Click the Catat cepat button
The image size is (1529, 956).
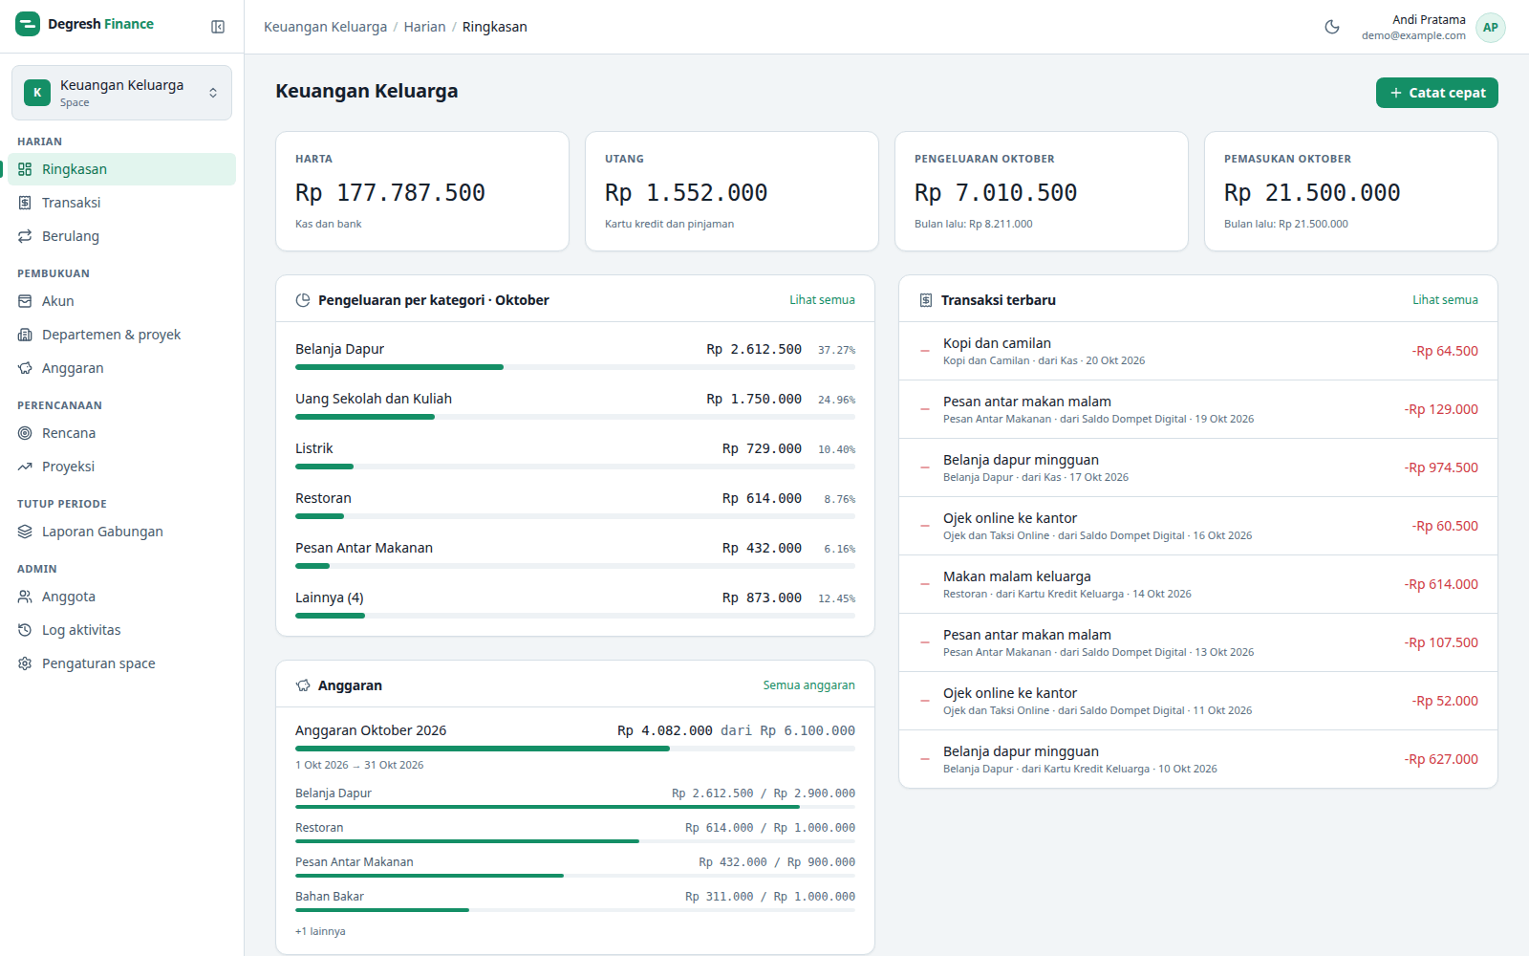(x=1437, y=93)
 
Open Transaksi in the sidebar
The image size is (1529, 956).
(x=71, y=202)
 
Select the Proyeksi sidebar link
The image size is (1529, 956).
(x=68, y=467)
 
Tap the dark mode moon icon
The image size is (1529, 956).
(x=1332, y=27)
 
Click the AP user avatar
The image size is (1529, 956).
(x=1490, y=28)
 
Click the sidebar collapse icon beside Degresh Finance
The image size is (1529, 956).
(x=218, y=27)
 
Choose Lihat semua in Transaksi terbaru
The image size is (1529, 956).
(x=1445, y=300)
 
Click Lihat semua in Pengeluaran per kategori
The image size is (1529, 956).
(x=822, y=300)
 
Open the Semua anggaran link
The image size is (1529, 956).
(x=808, y=684)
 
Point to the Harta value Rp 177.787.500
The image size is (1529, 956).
(x=390, y=192)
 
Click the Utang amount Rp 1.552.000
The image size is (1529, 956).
(x=686, y=192)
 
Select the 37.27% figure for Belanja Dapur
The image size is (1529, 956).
(x=836, y=350)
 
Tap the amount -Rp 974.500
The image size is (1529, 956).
(x=1441, y=467)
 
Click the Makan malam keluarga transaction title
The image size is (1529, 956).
(x=1017, y=576)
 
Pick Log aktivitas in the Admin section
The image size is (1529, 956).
(x=81, y=630)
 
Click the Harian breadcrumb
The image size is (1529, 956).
(x=424, y=27)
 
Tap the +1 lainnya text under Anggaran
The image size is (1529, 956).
(x=320, y=931)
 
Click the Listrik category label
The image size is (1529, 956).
(x=314, y=448)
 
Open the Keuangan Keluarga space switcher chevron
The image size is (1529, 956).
(x=213, y=93)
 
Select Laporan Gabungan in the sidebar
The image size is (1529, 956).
(x=102, y=532)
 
